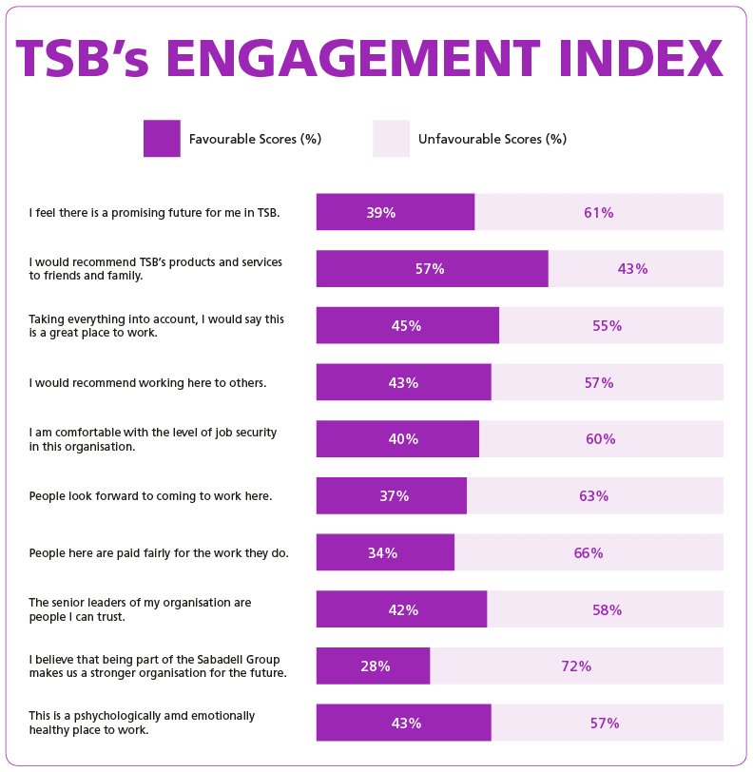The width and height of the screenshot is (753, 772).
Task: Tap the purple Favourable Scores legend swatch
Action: tap(162, 139)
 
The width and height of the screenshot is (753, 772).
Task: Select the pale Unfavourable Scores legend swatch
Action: tap(391, 139)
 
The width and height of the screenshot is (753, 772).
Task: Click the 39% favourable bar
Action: tap(396, 212)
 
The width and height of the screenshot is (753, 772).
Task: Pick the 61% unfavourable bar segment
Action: tap(599, 212)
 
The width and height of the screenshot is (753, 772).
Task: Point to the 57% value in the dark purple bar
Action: tap(430, 269)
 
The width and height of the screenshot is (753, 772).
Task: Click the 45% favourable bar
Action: tap(407, 325)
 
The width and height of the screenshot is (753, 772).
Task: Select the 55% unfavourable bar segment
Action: tap(610, 325)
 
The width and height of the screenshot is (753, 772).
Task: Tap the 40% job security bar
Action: tap(397, 439)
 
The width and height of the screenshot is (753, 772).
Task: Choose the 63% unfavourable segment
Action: tap(594, 495)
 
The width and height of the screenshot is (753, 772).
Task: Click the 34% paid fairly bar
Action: tap(385, 552)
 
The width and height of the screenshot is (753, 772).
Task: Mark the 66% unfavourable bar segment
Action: tap(589, 552)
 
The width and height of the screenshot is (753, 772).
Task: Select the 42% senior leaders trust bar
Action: tap(401, 609)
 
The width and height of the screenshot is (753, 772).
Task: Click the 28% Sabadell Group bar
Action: tap(373, 666)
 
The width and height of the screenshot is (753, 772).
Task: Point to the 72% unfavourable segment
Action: tap(576, 666)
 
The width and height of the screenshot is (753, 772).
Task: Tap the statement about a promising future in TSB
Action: tap(154, 212)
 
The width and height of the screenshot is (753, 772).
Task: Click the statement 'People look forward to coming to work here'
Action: tap(150, 495)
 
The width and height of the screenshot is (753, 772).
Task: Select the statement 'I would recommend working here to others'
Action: tap(147, 382)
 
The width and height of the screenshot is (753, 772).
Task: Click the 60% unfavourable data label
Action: tap(601, 439)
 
